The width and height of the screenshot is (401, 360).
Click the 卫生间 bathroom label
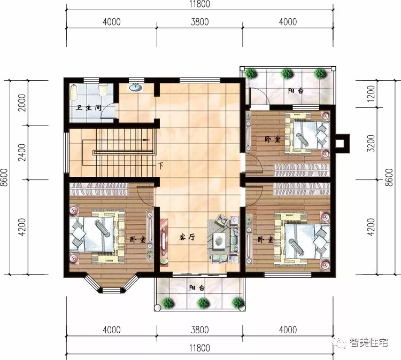[88, 108]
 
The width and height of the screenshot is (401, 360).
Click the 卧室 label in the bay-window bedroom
[137, 240]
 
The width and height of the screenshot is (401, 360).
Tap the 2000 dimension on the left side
[21, 103]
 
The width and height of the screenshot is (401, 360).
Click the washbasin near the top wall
[136, 87]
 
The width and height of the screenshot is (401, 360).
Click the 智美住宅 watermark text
[369, 342]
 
